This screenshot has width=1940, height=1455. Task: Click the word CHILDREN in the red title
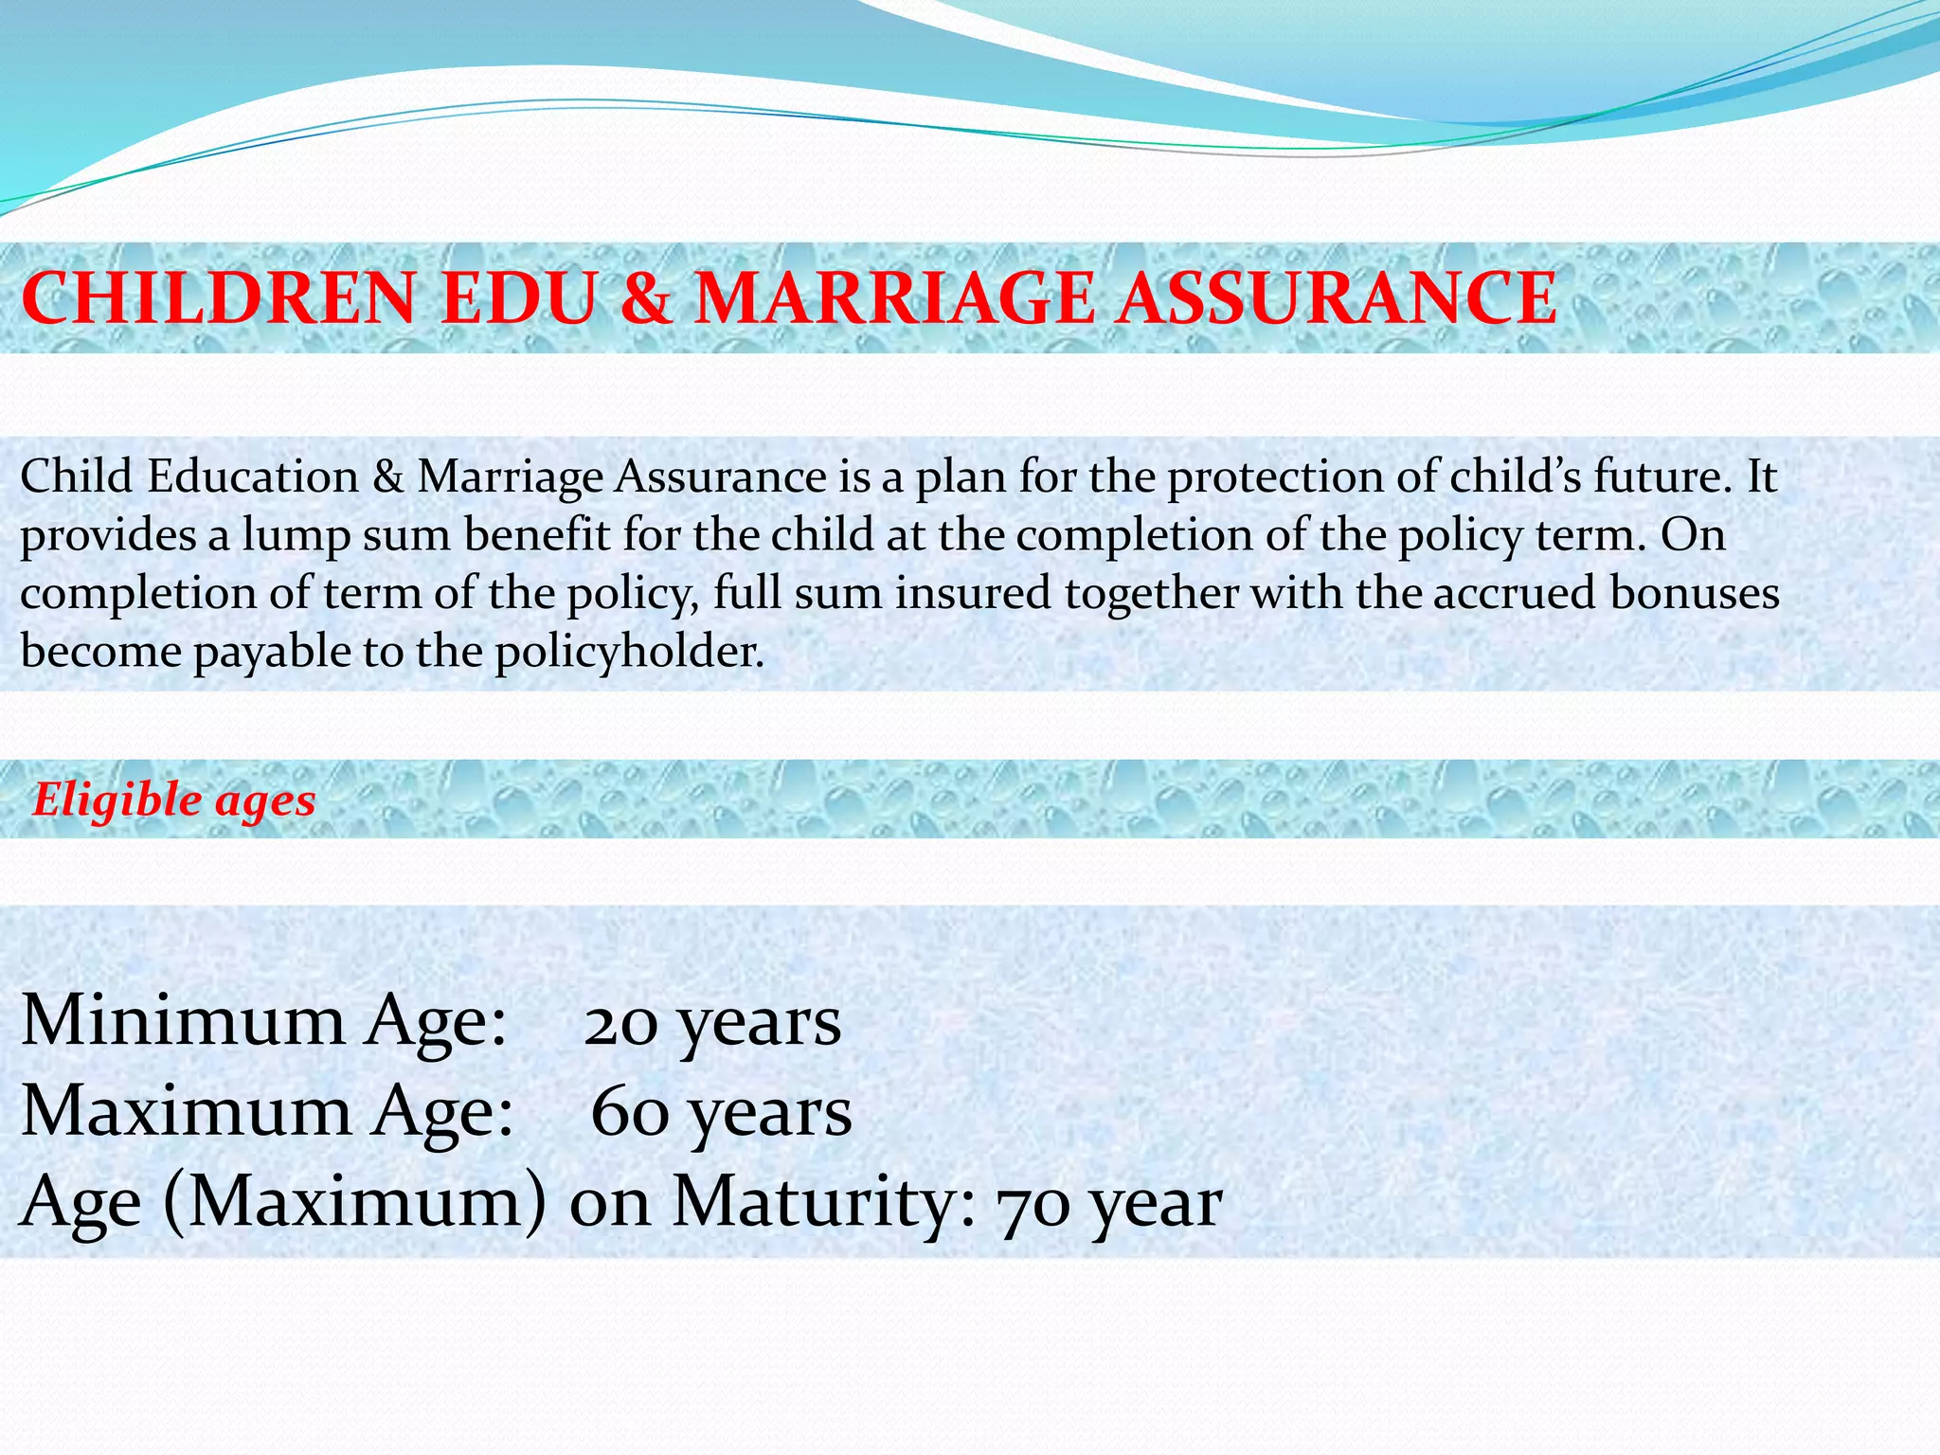219,297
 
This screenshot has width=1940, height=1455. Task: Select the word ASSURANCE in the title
1335,297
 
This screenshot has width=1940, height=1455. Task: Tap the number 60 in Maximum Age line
628,1112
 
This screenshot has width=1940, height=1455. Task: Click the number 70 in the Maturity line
1033,1204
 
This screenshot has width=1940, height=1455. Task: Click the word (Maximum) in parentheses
354,1202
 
